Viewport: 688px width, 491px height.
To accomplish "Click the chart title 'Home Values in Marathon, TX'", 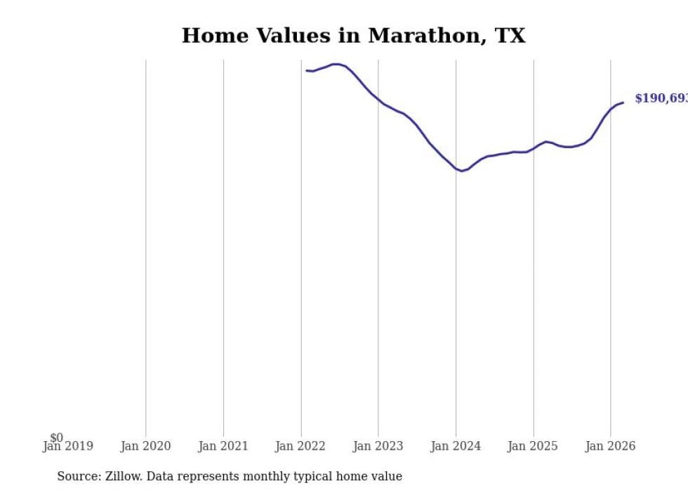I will tap(353, 36).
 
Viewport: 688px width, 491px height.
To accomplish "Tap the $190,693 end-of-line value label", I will tap(661, 98).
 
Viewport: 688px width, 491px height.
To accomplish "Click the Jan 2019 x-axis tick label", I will tap(67, 446).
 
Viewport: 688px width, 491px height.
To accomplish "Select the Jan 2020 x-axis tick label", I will tap(145, 446).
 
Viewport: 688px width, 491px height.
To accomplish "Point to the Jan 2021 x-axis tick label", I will tap(223, 446).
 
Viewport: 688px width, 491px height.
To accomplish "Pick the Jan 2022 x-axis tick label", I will tap(300, 446).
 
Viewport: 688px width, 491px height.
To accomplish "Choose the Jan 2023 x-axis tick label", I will tap(378, 446).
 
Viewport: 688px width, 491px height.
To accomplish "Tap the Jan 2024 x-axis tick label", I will tap(456, 446).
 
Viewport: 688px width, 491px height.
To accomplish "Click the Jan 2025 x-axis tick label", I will tap(533, 446).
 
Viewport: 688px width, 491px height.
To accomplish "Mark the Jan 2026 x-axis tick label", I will tap(610, 446).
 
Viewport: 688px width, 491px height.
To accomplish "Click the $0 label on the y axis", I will tap(56, 438).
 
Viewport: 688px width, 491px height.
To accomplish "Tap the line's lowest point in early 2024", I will tap(462, 171).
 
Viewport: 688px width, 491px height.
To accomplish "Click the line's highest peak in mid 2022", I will tap(336, 64).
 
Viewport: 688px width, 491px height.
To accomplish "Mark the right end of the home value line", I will tap(623, 103).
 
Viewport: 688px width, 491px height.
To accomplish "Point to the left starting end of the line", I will tap(307, 70).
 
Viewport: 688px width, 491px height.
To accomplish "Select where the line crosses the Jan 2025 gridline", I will tap(534, 148).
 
